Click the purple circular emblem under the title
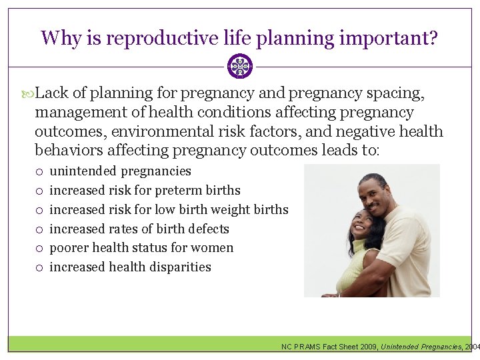point(240,67)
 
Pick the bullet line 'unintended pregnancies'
point(120,171)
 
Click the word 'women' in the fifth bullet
point(214,247)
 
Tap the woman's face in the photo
point(357,227)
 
